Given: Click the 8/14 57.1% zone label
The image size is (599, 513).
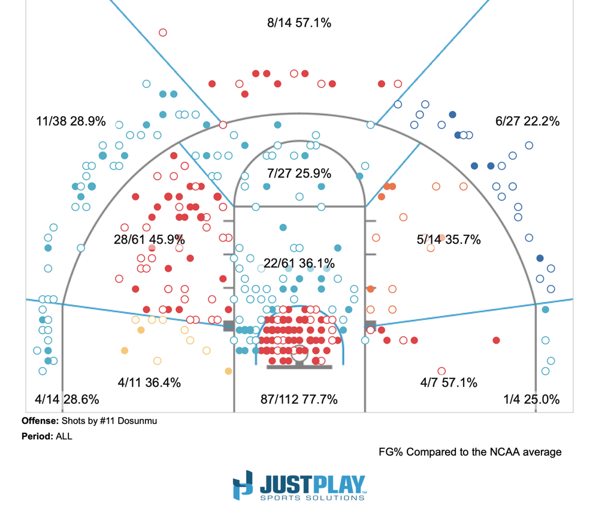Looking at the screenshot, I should point(299,23).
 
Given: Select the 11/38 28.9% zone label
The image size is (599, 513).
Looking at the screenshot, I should point(71,121).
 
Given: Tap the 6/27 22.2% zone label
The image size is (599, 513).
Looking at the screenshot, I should point(527,121).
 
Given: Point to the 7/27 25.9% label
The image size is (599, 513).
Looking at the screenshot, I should point(299,174).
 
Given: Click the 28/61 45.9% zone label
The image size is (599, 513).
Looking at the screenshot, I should point(149,239).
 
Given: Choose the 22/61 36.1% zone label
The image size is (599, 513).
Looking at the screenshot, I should point(299,263).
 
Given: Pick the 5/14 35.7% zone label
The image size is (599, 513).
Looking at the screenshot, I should point(449,239).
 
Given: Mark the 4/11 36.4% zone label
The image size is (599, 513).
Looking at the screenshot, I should point(149,383).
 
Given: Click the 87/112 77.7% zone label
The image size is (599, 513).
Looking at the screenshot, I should point(299,399).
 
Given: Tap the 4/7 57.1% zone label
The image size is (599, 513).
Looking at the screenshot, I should point(449,383).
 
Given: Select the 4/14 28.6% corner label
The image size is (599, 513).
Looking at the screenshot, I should point(66,399).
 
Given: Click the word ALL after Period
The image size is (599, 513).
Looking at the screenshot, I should point(63,436).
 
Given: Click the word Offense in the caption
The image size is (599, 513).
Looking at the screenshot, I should point(40,421).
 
